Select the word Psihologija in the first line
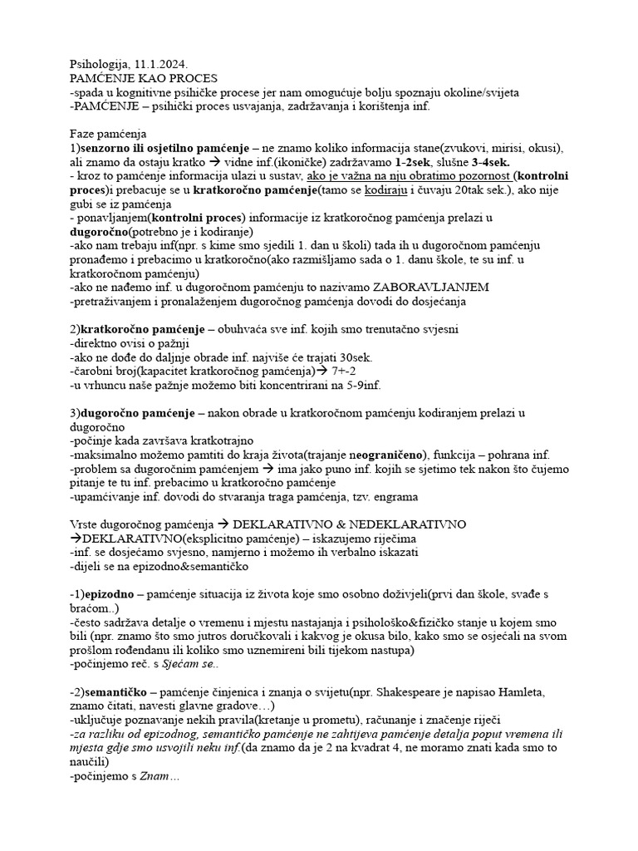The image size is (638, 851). click(100, 63)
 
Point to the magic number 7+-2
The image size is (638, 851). click(351, 371)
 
